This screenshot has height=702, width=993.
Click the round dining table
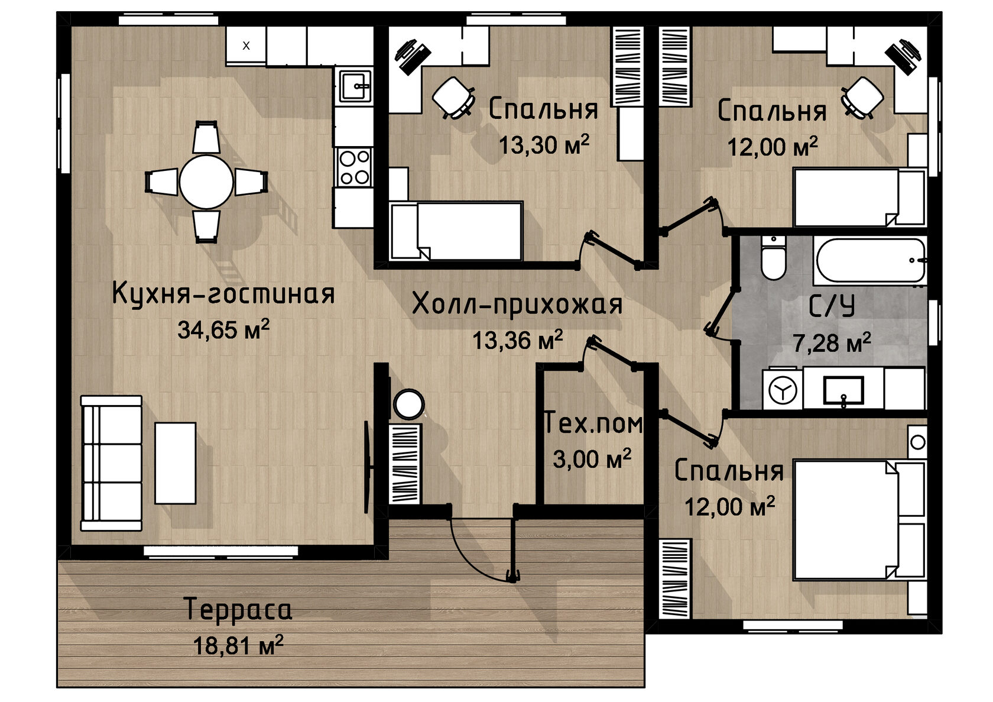(x=206, y=182)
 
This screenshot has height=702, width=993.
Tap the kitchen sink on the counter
(x=355, y=86)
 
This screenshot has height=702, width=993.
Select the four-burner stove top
(x=354, y=167)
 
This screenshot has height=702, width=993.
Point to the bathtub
(x=870, y=260)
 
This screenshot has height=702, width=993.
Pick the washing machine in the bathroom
(x=783, y=390)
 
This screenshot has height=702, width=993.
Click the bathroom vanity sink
(x=843, y=391)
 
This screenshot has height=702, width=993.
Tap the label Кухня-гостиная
(x=223, y=293)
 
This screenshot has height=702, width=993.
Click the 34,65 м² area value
(x=223, y=329)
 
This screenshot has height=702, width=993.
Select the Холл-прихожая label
(x=517, y=305)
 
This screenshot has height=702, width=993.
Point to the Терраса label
(x=238, y=609)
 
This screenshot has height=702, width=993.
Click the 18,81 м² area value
(x=238, y=645)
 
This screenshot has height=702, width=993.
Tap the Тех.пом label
(x=593, y=422)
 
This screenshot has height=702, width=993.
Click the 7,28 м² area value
(x=832, y=342)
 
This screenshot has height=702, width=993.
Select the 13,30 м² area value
(x=544, y=144)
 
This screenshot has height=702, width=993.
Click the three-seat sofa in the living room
(x=111, y=463)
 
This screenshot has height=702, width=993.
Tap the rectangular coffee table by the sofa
(x=175, y=463)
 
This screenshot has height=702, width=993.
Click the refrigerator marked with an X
(x=246, y=46)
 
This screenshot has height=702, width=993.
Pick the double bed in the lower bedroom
(x=859, y=520)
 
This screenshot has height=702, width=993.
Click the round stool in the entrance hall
(x=409, y=404)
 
